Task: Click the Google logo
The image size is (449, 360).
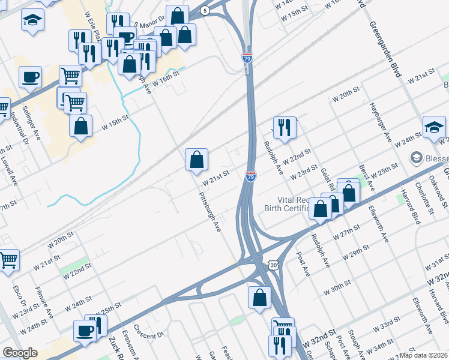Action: coord(19,353)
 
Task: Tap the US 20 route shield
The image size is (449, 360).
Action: coord(274,265)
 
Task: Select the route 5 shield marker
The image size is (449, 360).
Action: coord(205,11)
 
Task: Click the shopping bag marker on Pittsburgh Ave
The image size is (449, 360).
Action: coord(196,160)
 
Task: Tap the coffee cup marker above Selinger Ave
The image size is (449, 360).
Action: coord(30,77)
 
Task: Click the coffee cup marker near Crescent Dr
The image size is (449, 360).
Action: coord(84,331)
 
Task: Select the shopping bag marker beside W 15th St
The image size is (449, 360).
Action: coord(80,127)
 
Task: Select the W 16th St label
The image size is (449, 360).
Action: coord(166,79)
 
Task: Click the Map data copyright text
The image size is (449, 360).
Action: coord(424,355)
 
